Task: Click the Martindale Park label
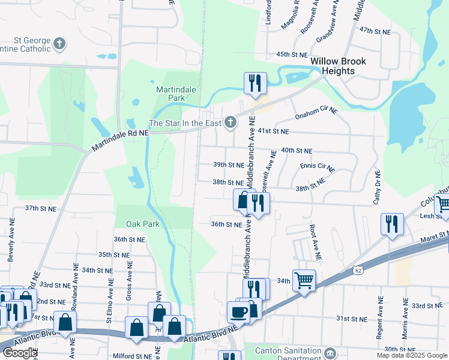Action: [x=176, y=93]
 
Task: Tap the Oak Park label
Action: [x=142, y=224]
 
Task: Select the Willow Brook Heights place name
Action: [x=338, y=66]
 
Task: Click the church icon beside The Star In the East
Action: [x=230, y=123]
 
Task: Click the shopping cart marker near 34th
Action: [x=304, y=280]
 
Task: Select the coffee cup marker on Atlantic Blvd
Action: [x=238, y=311]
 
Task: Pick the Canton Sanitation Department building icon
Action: [x=330, y=351]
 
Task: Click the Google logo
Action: [x=20, y=353]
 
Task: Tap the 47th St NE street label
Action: [x=375, y=31]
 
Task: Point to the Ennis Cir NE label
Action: [x=316, y=166]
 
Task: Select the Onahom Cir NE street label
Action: [x=316, y=114]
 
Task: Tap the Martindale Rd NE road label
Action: [x=120, y=142]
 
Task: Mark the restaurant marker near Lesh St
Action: [x=392, y=224]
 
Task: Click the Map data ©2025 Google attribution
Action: [x=412, y=355]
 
